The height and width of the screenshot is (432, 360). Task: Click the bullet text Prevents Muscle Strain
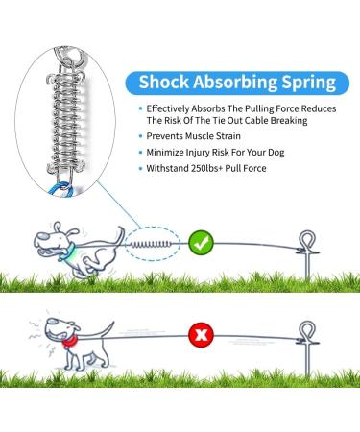[x=193, y=136]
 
